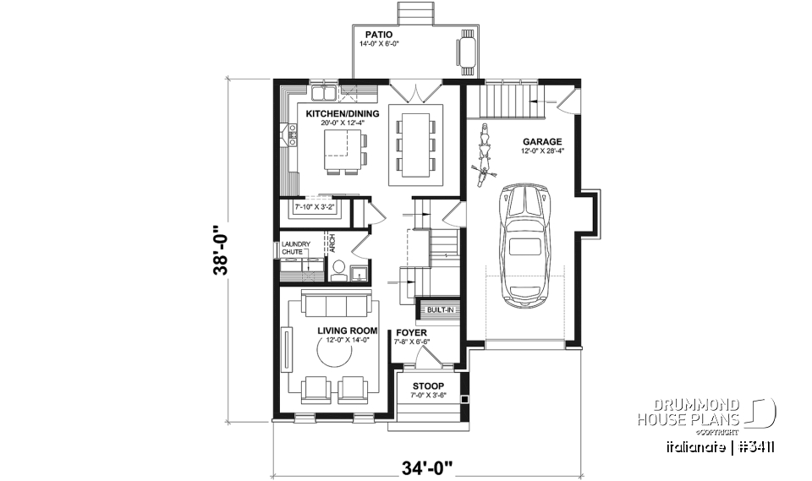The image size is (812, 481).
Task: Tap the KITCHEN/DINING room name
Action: coord(343,114)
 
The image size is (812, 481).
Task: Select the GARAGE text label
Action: coord(542,142)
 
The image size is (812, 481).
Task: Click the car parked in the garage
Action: coord(526,244)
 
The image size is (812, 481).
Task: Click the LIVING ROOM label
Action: coord(346,331)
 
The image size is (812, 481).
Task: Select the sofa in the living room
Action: coord(336,305)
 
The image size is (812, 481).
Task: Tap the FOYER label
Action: coord(412,333)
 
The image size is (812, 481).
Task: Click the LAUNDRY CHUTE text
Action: coord(296,249)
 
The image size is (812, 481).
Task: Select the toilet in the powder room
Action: coord(337,270)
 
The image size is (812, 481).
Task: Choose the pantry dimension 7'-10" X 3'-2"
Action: coord(315,206)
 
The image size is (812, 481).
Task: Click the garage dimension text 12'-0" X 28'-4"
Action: coord(542,151)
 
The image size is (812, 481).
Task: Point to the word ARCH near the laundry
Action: coord(332,243)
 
